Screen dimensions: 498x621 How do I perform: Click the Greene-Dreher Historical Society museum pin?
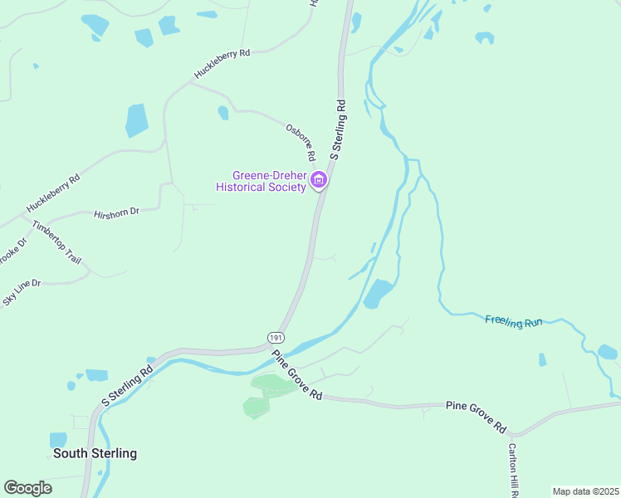pos(318,180)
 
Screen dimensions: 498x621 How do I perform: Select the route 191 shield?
pos(276,336)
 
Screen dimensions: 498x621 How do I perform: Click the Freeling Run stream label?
pos(513,320)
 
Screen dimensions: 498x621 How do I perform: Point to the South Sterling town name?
pos(95,453)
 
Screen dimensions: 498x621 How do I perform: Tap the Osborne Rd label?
pos(301,142)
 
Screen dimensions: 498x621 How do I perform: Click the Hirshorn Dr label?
pos(116,212)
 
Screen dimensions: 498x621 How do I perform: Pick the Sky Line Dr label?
pos(22,293)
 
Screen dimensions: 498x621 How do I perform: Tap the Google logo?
pos(27,488)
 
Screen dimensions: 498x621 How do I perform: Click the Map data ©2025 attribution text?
pos(585,491)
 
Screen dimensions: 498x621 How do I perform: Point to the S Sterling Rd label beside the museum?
pos(337,129)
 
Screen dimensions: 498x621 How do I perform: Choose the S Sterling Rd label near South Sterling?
pos(127,383)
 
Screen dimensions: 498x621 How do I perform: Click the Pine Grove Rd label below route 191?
pos(296,375)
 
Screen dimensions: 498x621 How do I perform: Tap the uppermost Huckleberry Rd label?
pos(222,64)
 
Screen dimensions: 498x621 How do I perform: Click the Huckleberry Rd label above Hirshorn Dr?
pos(52,193)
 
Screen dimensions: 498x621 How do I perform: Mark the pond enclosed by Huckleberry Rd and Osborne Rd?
pos(222,112)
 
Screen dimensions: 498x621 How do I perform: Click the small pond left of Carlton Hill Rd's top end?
pos(542,359)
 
